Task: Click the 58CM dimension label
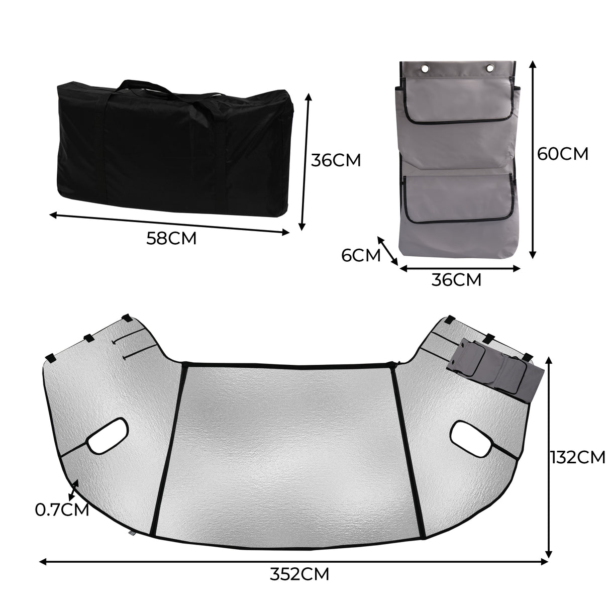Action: coord(171,238)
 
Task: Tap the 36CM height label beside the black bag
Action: coord(335,160)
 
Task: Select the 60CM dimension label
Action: coord(562,153)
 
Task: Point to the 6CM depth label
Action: coord(361,255)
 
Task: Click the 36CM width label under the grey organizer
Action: coord(456,280)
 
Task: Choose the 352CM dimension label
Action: coord(299,573)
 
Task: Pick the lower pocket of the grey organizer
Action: coord(459,198)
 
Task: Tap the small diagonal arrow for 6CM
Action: coord(387,251)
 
